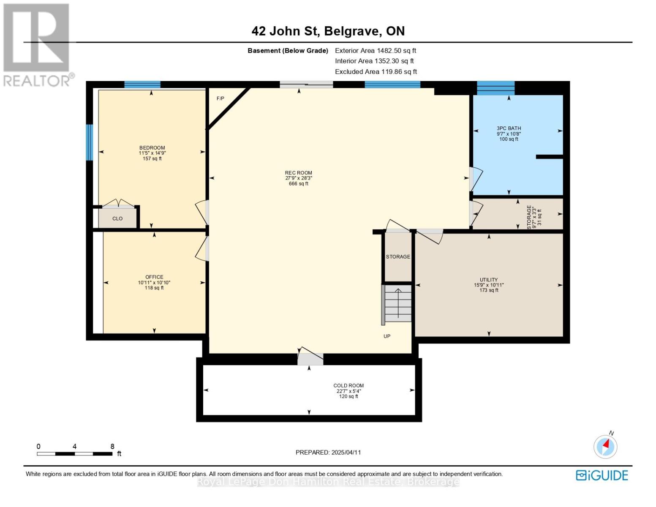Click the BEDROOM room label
coord(152,148)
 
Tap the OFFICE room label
coord(154,278)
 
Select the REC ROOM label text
coord(298,173)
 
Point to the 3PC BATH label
coord(509,128)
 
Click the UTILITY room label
coord(489,280)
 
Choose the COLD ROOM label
coord(348,386)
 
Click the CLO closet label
coord(117,219)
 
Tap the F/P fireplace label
coord(220,99)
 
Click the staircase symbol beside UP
coord(398,303)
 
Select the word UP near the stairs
coord(387,336)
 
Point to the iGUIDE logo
coord(602,475)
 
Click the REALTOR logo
coord(37,44)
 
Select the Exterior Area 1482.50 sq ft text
coord(376,50)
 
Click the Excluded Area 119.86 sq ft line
coord(376,72)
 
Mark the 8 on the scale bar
coord(112,447)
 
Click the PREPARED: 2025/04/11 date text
coord(328,452)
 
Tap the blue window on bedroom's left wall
coord(89,142)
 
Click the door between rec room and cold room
coord(310,359)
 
